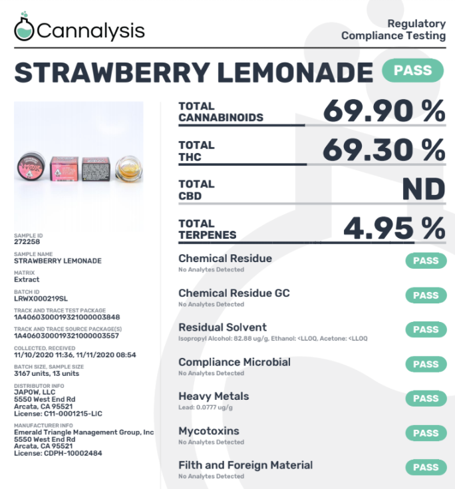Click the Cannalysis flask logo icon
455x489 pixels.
pos(24,27)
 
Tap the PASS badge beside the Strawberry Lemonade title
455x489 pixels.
pos(412,71)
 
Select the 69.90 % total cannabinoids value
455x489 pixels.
pos(384,111)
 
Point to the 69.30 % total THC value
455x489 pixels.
pos(384,150)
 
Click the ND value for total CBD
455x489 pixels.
pos(423,190)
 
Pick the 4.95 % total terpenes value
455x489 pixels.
pos(394,229)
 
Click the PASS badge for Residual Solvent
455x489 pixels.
pos(425,330)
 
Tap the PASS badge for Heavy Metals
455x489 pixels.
pos(425,399)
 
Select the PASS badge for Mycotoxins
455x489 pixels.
pos(425,433)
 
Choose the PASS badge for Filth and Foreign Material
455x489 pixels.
pos(425,468)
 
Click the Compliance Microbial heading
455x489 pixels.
pos(234,363)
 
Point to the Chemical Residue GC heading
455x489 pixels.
pos(233,293)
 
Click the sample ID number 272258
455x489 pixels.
pos(27,242)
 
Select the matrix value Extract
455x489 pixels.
pos(27,279)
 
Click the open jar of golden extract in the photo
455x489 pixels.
pos(127,169)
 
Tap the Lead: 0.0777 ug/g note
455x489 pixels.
pos(205,407)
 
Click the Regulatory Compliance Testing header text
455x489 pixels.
pos(394,30)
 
